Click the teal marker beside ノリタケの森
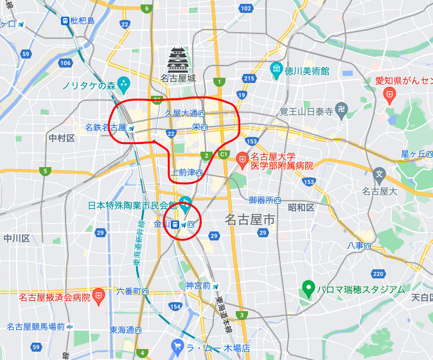(x=124, y=84)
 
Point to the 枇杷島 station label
(x=82, y=21)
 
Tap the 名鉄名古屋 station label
(x=106, y=128)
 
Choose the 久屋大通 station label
(x=181, y=113)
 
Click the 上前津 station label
(x=183, y=172)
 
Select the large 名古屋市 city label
(x=249, y=221)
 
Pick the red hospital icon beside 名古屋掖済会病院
(x=98, y=296)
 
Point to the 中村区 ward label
(x=62, y=138)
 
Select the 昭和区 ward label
(x=301, y=207)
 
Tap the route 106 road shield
(x=65, y=63)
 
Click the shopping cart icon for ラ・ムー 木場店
(x=178, y=348)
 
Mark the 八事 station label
(x=355, y=246)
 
